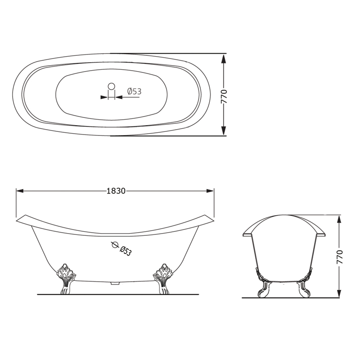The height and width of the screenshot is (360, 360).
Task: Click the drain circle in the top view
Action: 111,86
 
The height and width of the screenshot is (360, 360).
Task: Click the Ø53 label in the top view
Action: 135,91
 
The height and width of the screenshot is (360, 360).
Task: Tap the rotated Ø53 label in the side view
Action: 126,251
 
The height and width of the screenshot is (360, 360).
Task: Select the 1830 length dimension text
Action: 116,191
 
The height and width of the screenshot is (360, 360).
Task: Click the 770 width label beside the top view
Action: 224,96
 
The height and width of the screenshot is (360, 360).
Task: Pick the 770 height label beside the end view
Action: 339,257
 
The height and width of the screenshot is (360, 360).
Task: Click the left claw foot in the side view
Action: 66,279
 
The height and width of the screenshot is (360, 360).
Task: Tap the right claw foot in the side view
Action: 163,279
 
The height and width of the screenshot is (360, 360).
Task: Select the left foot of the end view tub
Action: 262,283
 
